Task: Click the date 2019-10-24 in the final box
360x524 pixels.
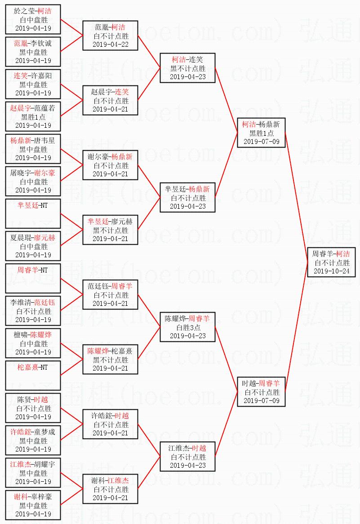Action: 331,271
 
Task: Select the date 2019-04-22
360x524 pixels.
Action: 110,45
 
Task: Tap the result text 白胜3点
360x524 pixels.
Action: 188,327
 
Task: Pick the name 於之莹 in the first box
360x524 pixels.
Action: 23,11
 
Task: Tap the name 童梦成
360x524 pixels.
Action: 44,432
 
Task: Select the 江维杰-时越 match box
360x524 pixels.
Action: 188,457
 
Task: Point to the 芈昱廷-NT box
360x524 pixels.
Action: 33,214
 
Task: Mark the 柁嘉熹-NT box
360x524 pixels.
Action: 33,376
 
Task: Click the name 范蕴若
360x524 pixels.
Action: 44,108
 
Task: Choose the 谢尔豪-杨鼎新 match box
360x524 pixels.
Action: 110,165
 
